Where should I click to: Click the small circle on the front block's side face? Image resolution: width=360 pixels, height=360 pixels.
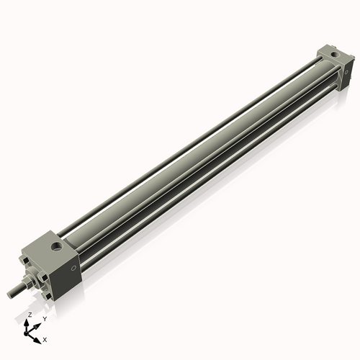click(x=72, y=269)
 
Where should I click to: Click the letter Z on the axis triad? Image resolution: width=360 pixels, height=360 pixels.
click(x=30, y=315)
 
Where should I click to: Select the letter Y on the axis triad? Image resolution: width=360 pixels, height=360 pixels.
click(x=45, y=318)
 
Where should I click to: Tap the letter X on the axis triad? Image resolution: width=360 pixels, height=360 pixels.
click(x=45, y=338)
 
